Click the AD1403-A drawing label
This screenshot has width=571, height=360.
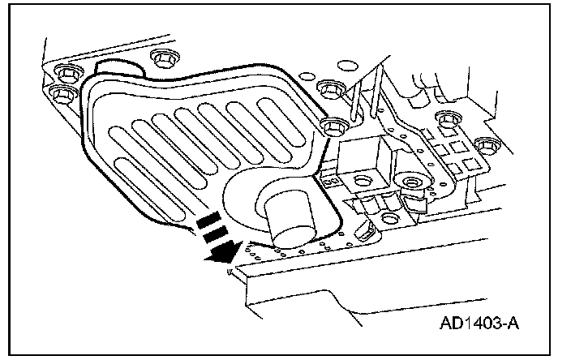tap(479, 324)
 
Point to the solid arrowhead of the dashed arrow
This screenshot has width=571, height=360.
tap(218, 254)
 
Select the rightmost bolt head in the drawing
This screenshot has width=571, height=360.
tap(485, 146)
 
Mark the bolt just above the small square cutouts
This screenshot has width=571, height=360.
tap(444, 120)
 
